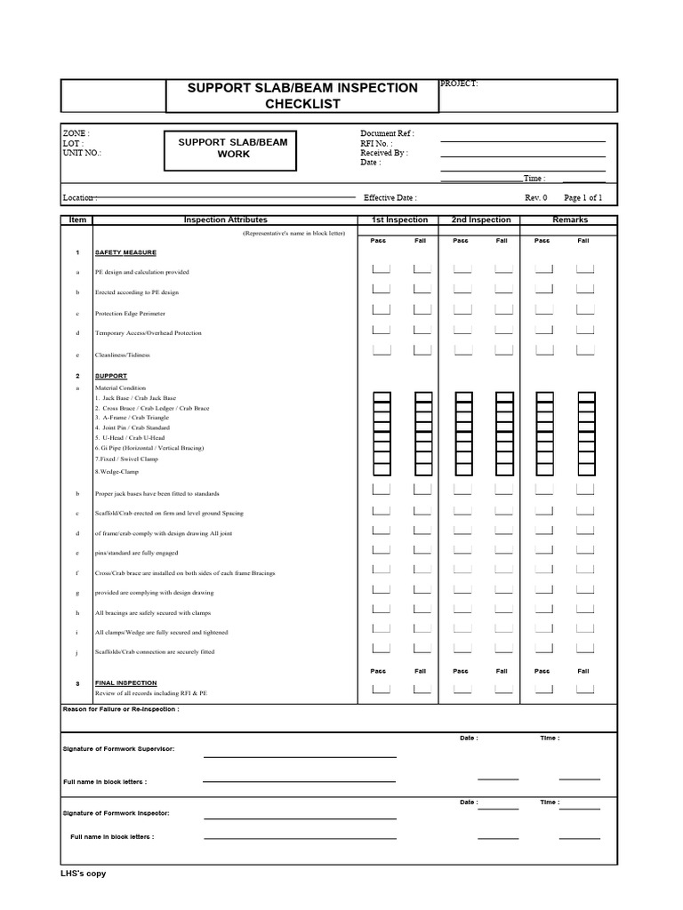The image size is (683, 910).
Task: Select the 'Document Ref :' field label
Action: coord(387,133)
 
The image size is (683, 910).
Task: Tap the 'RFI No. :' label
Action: coord(376,143)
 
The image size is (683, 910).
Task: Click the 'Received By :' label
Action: coord(384,153)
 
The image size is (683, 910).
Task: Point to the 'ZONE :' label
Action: coord(76,133)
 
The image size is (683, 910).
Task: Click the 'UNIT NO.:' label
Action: coord(82,153)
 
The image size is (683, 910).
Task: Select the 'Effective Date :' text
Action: coord(390,198)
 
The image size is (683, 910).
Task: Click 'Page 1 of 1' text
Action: coord(583,198)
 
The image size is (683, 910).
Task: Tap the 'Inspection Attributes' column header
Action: coord(225,220)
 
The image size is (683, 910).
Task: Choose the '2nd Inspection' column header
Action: coord(480,220)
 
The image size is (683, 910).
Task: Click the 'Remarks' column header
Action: coord(569,220)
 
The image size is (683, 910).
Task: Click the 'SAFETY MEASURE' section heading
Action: coord(125,252)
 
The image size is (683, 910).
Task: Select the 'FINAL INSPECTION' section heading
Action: coord(126,683)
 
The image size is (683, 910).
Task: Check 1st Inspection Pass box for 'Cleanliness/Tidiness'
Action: coord(381,350)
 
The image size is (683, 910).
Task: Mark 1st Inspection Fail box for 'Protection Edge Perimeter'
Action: coord(422,309)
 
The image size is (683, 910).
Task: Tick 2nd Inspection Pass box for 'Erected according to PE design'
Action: coord(462,288)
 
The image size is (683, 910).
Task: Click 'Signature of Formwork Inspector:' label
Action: coord(116,813)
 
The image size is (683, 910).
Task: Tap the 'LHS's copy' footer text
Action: coord(83,874)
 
